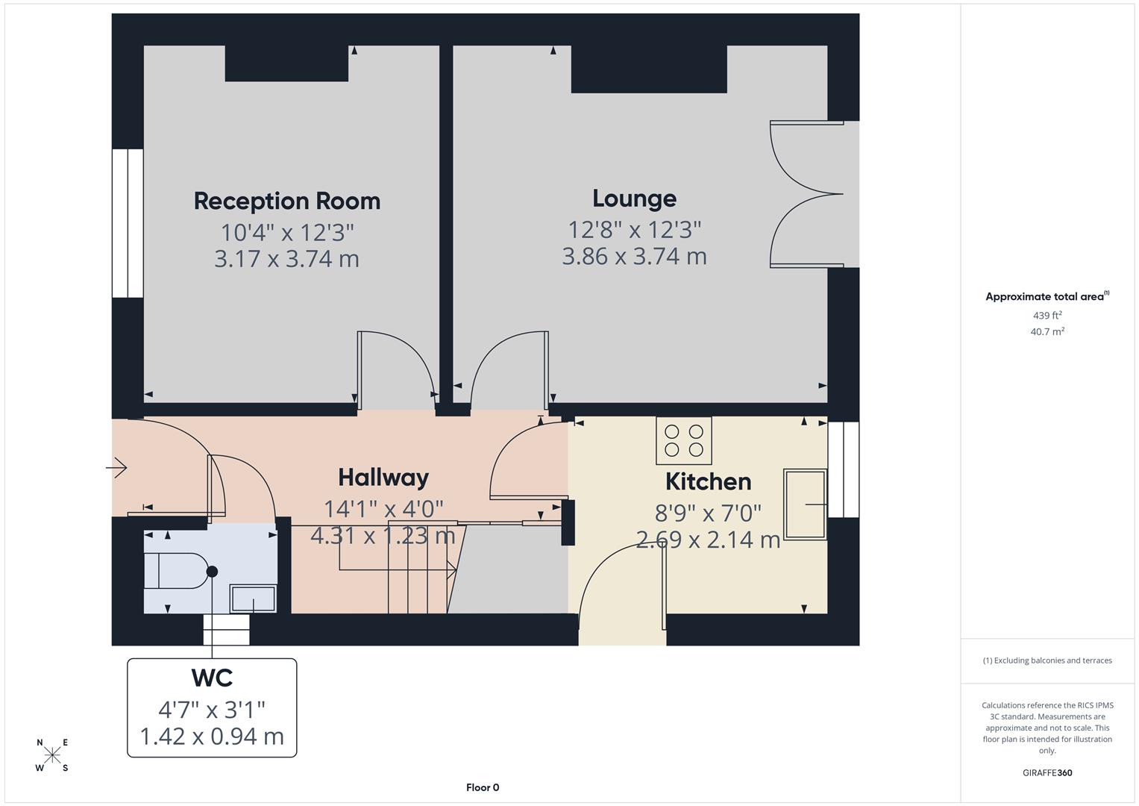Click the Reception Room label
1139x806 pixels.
(287, 201)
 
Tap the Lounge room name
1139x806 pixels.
(634, 199)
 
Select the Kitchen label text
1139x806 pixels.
(708, 481)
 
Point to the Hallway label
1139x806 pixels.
(383, 478)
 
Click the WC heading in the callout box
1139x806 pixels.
(212, 678)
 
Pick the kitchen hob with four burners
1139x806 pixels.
(684, 440)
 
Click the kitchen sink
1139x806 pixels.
(805, 504)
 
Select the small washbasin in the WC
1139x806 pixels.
(252, 598)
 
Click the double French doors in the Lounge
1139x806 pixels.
(806, 194)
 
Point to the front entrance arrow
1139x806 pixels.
(116, 469)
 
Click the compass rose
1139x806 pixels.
(52, 755)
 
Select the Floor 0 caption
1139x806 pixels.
(483, 787)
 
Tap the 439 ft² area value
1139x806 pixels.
(1047, 316)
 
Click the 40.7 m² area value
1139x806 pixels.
(1047, 332)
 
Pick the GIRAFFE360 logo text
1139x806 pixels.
(1047, 773)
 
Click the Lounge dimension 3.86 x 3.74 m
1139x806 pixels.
(634, 257)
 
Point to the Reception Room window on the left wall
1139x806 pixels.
(128, 224)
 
